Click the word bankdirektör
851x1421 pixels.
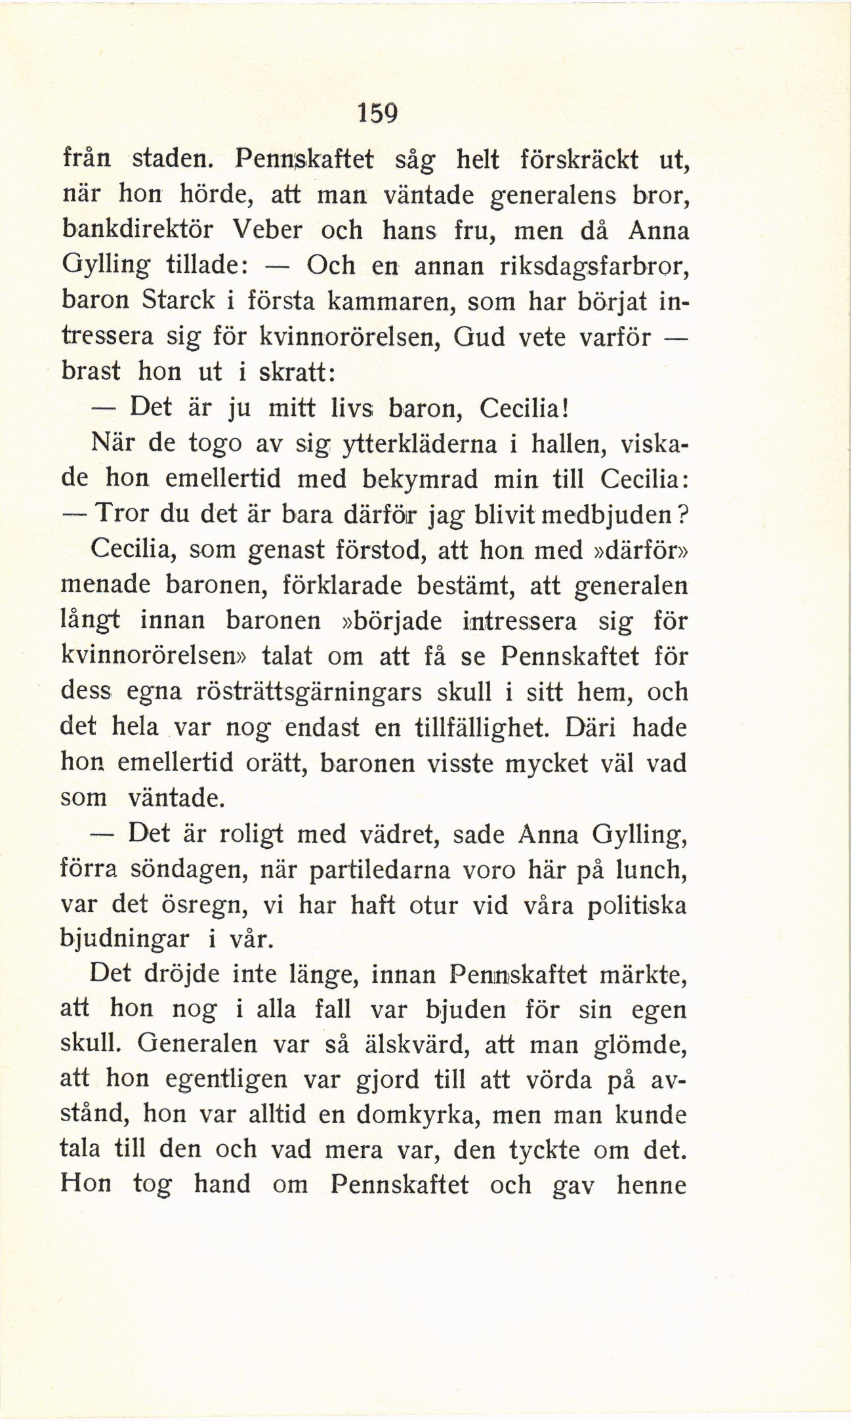(140, 230)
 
